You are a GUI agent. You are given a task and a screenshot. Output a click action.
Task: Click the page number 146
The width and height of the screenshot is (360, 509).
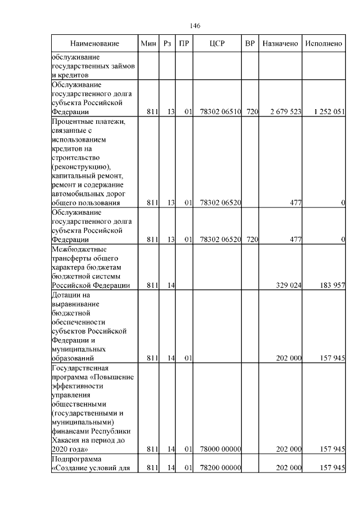pyautogui.click(x=195, y=26)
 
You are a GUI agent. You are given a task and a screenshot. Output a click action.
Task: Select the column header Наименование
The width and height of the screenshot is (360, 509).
pyautogui.click(x=94, y=43)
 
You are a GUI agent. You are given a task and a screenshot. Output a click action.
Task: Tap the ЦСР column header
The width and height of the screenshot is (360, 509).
pyautogui.click(x=217, y=43)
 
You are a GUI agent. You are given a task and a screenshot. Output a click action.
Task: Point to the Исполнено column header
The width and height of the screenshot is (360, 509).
pyautogui.click(x=323, y=43)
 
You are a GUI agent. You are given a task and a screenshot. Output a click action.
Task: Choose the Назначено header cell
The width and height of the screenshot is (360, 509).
pyautogui.click(x=280, y=43)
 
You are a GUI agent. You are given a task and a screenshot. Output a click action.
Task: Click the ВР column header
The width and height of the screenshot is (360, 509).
pyautogui.click(x=250, y=43)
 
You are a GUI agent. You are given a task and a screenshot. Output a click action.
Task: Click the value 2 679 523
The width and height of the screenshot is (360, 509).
pyautogui.click(x=286, y=112)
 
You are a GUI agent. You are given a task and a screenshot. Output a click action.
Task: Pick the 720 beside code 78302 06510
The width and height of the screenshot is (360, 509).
pyautogui.click(x=251, y=112)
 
